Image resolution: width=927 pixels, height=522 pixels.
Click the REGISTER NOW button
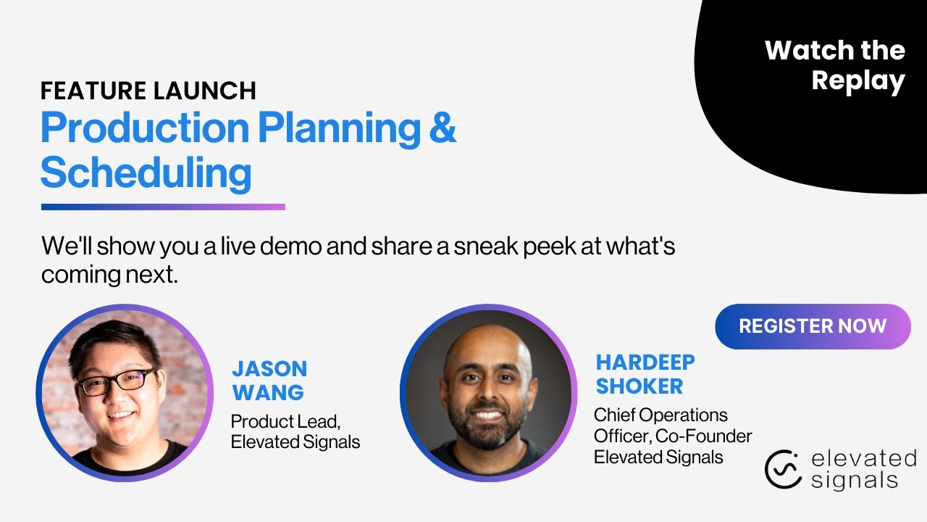pos(813,326)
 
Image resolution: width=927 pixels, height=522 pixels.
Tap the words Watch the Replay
pos(834,65)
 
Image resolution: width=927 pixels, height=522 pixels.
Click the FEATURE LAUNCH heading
pos(148,91)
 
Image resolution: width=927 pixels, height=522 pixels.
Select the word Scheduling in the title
pos(146,173)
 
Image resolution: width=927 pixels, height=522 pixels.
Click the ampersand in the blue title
pos(442,128)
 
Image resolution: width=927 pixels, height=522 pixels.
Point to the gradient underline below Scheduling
pos(163,207)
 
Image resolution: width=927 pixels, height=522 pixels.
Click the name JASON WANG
pos(269,380)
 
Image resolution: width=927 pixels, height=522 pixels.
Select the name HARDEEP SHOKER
pos(645,373)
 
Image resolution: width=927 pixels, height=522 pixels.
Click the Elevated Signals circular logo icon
pos(783,469)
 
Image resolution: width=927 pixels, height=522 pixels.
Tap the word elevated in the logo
pos(863,458)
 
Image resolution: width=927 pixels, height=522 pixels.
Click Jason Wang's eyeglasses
pos(116,381)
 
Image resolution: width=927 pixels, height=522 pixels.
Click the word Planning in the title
pos(339,128)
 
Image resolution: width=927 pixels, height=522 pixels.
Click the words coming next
pos(109,275)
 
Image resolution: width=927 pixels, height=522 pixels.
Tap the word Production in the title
pos(145,128)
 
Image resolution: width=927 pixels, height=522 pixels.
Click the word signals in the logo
pos(854,479)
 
